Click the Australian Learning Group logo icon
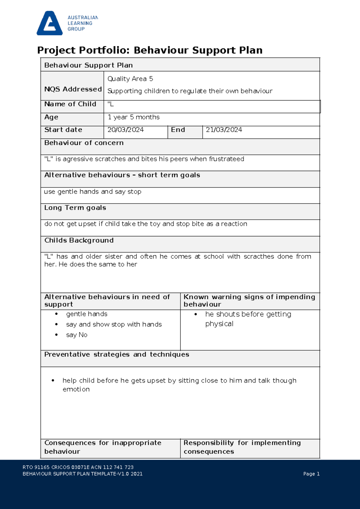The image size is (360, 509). click(49, 23)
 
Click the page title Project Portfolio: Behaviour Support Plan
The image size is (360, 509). click(150, 50)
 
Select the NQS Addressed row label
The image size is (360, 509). click(73, 89)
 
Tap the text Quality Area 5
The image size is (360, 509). click(130, 79)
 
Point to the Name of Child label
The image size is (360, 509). click(70, 104)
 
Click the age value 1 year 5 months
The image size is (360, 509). click(133, 117)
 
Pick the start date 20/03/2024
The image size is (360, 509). click(125, 130)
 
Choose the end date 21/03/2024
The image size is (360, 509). click(224, 130)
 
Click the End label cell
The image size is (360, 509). click(178, 130)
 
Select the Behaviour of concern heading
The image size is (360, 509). click(84, 143)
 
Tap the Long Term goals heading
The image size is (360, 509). click(75, 208)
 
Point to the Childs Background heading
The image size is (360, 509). click(79, 240)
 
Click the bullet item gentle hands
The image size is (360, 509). click(87, 314)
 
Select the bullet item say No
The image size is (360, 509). click(77, 335)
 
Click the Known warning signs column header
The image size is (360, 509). click(249, 300)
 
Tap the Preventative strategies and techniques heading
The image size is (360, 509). click(117, 354)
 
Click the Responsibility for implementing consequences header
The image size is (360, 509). click(242, 447)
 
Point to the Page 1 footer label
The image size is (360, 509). click(311, 474)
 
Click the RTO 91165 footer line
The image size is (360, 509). click(78, 467)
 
